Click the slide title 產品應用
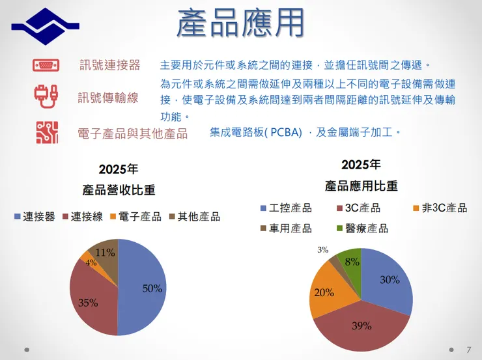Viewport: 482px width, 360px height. pyautogui.click(x=240, y=23)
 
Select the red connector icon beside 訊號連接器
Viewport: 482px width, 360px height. pyautogui.click(x=46, y=65)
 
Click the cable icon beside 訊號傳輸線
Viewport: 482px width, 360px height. pyautogui.click(x=46, y=97)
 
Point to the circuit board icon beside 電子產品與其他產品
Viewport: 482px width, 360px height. pyautogui.click(x=46, y=133)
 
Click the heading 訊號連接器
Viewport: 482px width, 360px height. pyautogui.click(x=109, y=65)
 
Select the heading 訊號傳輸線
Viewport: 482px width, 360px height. pyautogui.click(x=108, y=98)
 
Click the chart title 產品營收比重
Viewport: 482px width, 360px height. pyautogui.click(x=119, y=191)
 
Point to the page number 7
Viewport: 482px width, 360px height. pyautogui.click(x=468, y=349)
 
